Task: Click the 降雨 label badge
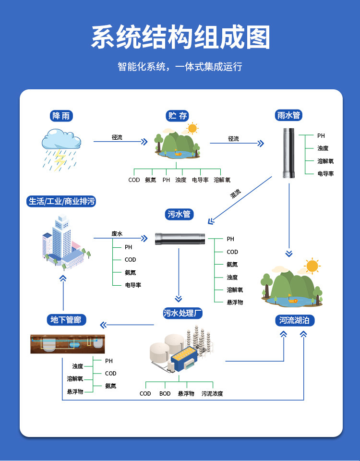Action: coord(61,116)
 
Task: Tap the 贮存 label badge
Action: coord(177,116)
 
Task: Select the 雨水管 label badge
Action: coord(288,115)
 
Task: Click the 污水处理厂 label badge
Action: coord(183,313)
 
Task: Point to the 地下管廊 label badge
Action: coord(66,320)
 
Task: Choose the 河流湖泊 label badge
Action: coord(294,320)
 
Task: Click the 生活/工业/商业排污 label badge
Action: coord(61,201)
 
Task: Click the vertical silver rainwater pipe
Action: coord(288,153)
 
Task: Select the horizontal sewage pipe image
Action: coord(180,239)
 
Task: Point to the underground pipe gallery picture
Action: coord(68,344)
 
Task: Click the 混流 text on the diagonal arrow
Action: coord(235,194)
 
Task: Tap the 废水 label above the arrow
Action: coord(117,234)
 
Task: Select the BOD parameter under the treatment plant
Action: coord(165,393)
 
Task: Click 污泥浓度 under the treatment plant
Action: coord(212,393)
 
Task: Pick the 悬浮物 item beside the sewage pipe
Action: coord(235,302)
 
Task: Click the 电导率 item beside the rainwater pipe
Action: coord(325,173)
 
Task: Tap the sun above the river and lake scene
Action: coord(312,266)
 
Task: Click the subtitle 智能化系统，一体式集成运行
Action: coord(180,66)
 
